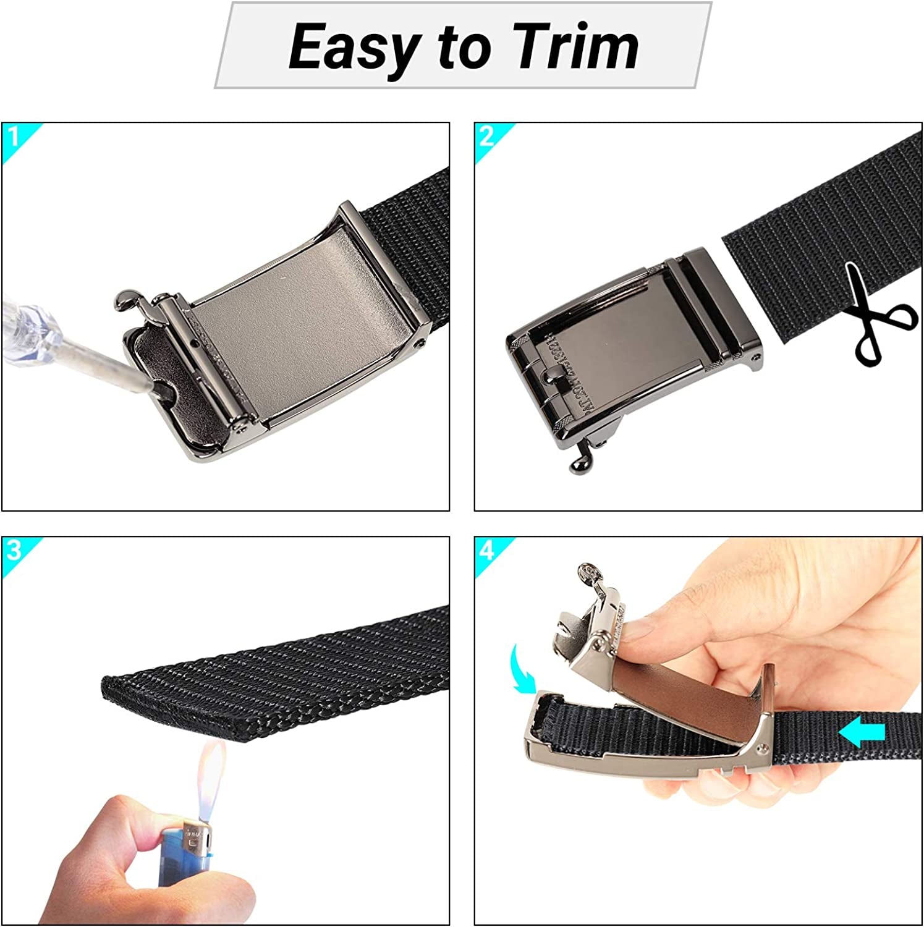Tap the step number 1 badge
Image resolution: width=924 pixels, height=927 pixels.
(14, 136)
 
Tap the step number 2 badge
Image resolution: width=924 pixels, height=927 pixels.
(486, 136)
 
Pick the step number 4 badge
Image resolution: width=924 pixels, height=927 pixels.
(487, 550)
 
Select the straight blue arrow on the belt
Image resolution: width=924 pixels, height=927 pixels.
(862, 732)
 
